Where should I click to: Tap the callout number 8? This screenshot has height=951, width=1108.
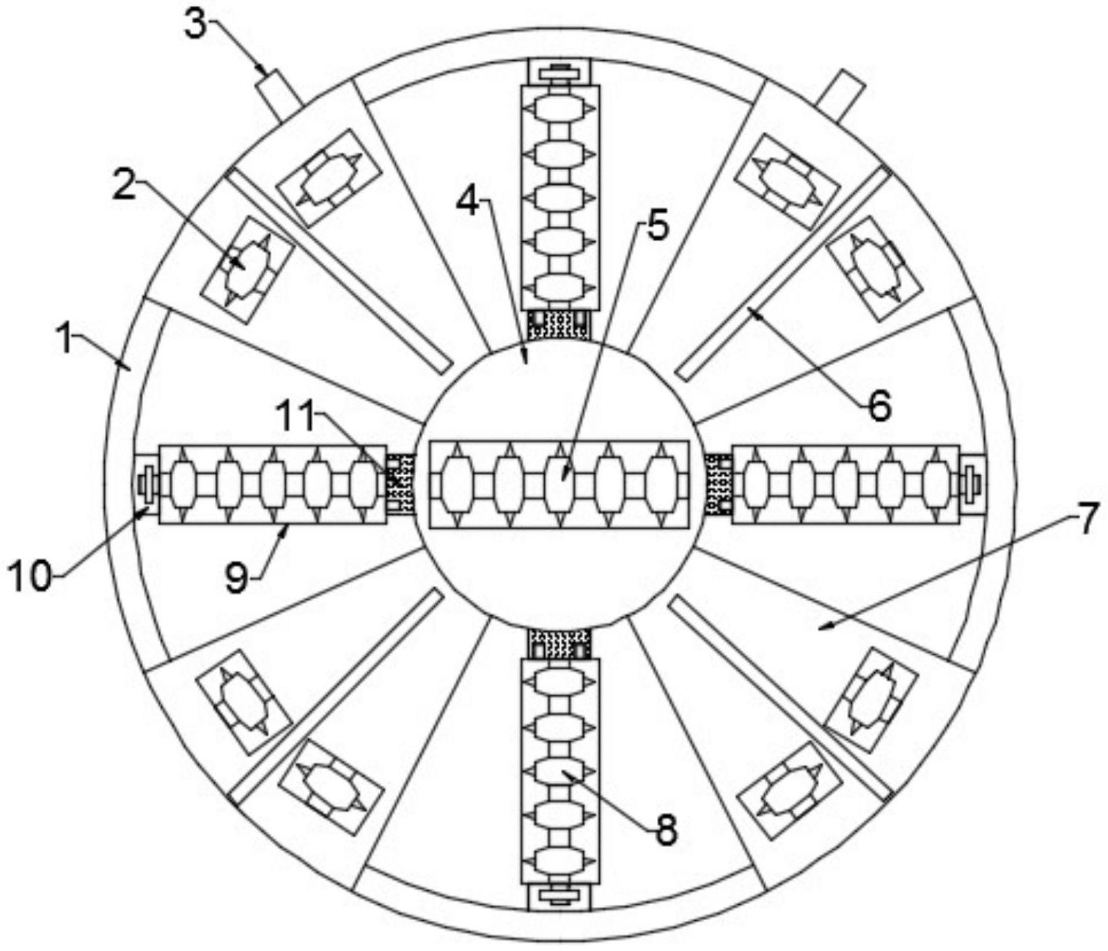[x=666, y=830]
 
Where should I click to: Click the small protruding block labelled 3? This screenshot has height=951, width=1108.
[x=276, y=92]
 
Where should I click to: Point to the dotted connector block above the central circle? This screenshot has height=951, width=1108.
[x=559, y=325]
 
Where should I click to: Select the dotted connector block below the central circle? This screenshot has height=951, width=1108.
[x=559, y=645]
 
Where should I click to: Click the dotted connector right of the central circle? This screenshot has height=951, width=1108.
[x=719, y=485]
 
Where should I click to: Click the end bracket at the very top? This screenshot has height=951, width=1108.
[x=559, y=72]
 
